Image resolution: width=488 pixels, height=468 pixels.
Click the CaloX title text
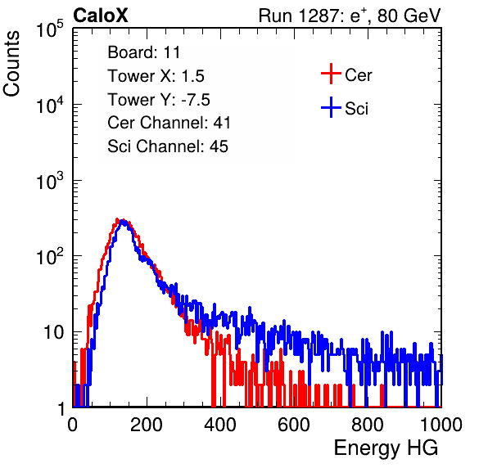pyautogui.click(x=101, y=16)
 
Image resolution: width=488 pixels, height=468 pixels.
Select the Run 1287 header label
pyautogui.click(x=350, y=16)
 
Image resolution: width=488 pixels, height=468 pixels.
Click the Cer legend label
pyautogui.click(x=358, y=75)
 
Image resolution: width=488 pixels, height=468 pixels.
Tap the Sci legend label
pyautogui.click(x=356, y=109)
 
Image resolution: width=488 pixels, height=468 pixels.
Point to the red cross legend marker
pyautogui.click(x=331, y=74)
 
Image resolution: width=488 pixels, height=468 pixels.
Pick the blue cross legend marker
pyautogui.click(x=331, y=107)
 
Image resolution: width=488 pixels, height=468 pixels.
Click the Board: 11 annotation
pyautogui.click(x=144, y=52)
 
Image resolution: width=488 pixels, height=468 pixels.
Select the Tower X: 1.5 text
pyautogui.click(x=156, y=76)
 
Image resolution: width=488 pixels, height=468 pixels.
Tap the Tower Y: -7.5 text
pyautogui.click(x=159, y=100)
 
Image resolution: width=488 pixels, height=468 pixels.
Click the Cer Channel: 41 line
pyautogui.click(x=169, y=123)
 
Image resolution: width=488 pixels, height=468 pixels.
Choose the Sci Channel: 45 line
pyautogui.click(x=168, y=146)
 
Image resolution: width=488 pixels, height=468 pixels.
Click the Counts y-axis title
pyautogui.click(x=11, y=64)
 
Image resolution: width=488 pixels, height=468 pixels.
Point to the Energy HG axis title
pyautogui.click(x=386, y=448)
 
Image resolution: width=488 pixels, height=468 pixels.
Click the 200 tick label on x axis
pyautogui.click(x=147, y=425)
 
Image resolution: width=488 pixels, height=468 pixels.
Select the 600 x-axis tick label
pyautogui.click(x=294, y=425)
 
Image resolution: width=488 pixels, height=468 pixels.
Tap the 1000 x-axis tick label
pyautogui.click(x=441, y=425)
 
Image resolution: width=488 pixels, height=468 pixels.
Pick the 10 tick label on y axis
pyautogui.click(x=53, y=332)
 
